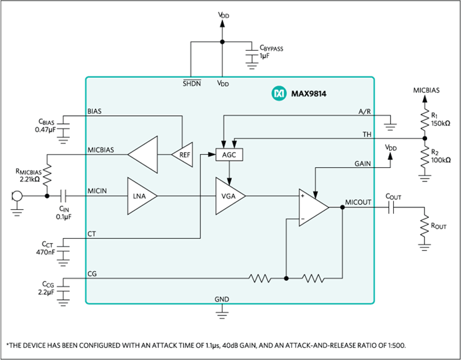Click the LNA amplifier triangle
point(141,196)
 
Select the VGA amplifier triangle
point(229,196)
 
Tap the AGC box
point(229,155)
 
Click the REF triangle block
point(183,155)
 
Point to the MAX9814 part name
point(308,94)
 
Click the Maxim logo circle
point(278,93)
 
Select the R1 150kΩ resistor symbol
point(424,120)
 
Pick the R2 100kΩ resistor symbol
point(424,157)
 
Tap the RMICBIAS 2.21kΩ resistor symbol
point(47,175)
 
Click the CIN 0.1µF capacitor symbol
point(64,196)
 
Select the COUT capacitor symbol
point(391,207)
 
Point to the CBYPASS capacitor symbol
point(252,53)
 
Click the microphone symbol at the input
point(17,196)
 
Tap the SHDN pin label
point(192,83)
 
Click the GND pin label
point(222,299)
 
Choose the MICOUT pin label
point(358,203)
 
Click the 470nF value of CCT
point(45,252)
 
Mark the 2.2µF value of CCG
point(46,293)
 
